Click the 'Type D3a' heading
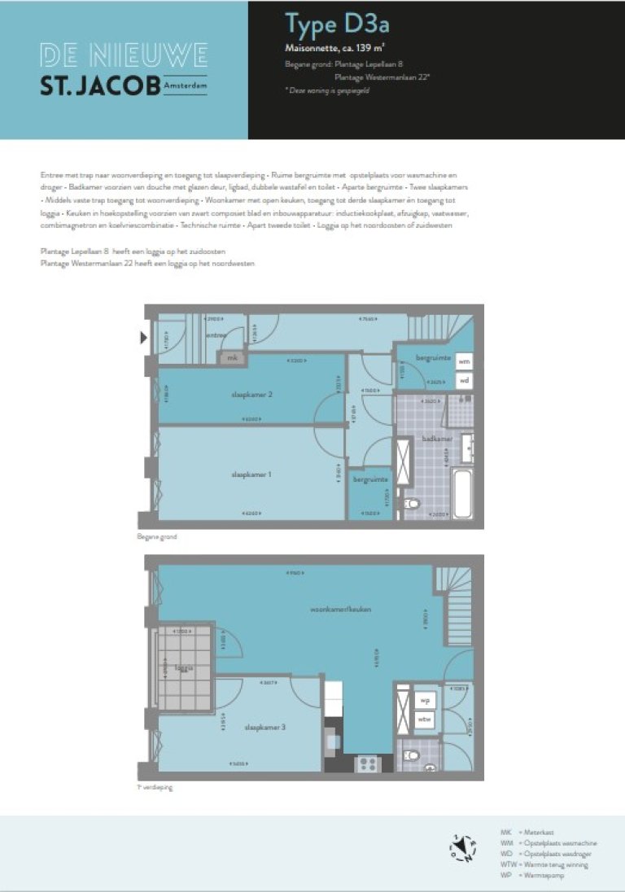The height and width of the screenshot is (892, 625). [x=326, y=26]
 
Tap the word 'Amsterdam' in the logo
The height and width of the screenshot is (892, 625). [x=185, y=84]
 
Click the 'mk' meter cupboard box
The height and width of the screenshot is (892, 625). [x=232, y=357]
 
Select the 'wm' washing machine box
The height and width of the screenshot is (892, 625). [x=464, y=361]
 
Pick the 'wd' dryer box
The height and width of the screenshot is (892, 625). [x=464, y=380]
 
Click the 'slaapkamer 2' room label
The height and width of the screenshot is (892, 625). [x=251, y=395]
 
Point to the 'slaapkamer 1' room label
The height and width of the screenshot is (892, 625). [x=251, y=474]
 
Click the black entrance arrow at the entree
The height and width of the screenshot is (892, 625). [x=143, y=338]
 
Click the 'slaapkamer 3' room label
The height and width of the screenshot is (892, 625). [x=264, y=727]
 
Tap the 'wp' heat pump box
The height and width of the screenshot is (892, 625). [x=424, y=700]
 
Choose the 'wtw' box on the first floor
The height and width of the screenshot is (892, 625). [x=424, y=719]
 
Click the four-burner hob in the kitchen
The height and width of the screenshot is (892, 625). [x=366, y=764]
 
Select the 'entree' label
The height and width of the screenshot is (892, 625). [x=216, y=334]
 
